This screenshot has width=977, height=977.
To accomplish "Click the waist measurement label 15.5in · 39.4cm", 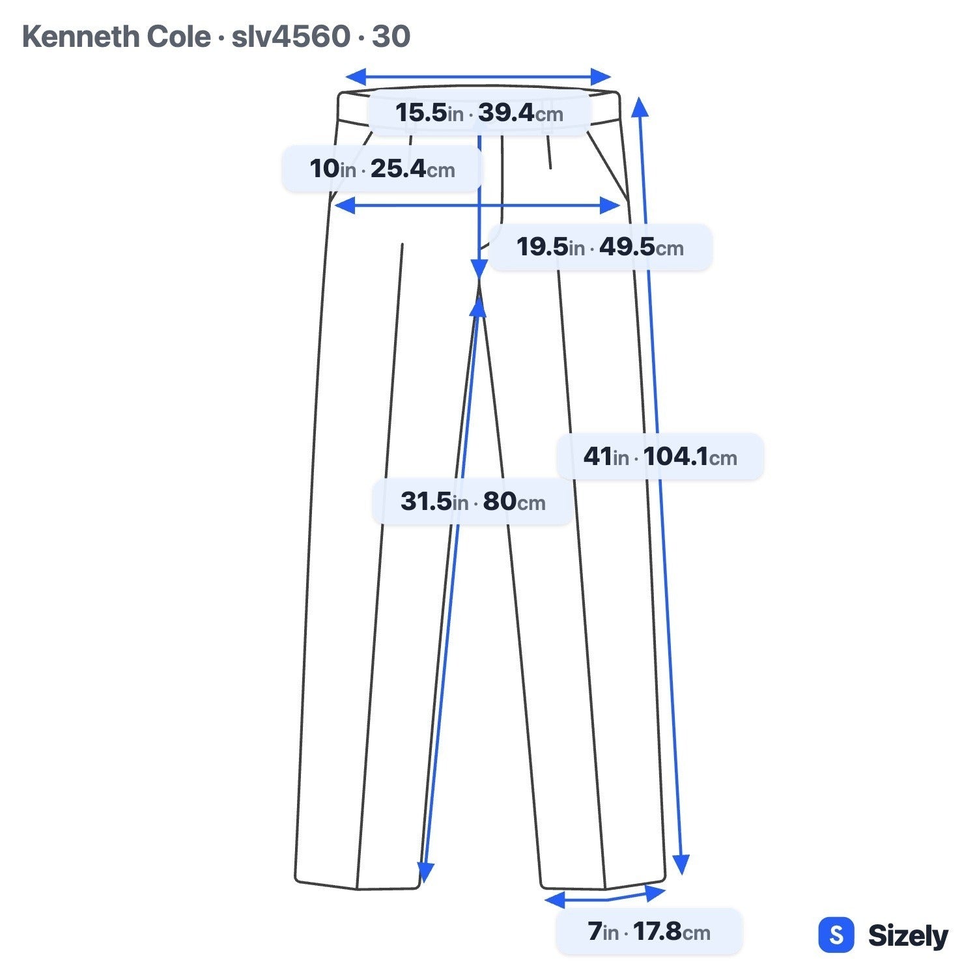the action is pyautogui.click(x=479, y=113).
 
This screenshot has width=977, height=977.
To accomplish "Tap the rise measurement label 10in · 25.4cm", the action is pyautogui.click(x=382, y=169).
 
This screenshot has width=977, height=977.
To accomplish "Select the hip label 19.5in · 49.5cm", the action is pyautogui.click(x=600, y=248).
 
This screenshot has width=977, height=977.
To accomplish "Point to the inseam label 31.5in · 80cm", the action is pyautogui.click(x=473, y=502).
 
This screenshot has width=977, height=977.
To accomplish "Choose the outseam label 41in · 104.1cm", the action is pyautogui.click(x=660, y=457).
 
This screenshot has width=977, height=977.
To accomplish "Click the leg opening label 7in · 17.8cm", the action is pyautogui.click(x=649, y=932).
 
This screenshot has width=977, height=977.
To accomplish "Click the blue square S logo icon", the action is pyautogui.click(x=836, y=935).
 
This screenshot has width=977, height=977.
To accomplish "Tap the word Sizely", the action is pyautogui.click(x=908, y=936).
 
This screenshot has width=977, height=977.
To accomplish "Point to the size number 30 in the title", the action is pyautogui.click(x=391, y=36).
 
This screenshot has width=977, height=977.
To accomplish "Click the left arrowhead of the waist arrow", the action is pyautogui.click(x=356, y=76).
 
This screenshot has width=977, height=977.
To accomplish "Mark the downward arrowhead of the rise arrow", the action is pyautogui.click(x=479, y=268).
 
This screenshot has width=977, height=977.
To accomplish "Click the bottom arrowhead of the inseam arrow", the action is pyautogui.click(x=425, y=873).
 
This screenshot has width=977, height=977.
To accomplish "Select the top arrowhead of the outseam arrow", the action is pyautogui.click(x=640, y=107).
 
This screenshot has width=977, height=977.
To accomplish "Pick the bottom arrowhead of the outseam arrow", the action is pyautogui.click(x=681, y=865).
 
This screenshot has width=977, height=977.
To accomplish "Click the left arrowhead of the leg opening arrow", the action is pyautogui.click(x=554, y=901).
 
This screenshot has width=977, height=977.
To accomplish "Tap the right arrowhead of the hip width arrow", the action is pyautogui.click(x=610, y=206).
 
